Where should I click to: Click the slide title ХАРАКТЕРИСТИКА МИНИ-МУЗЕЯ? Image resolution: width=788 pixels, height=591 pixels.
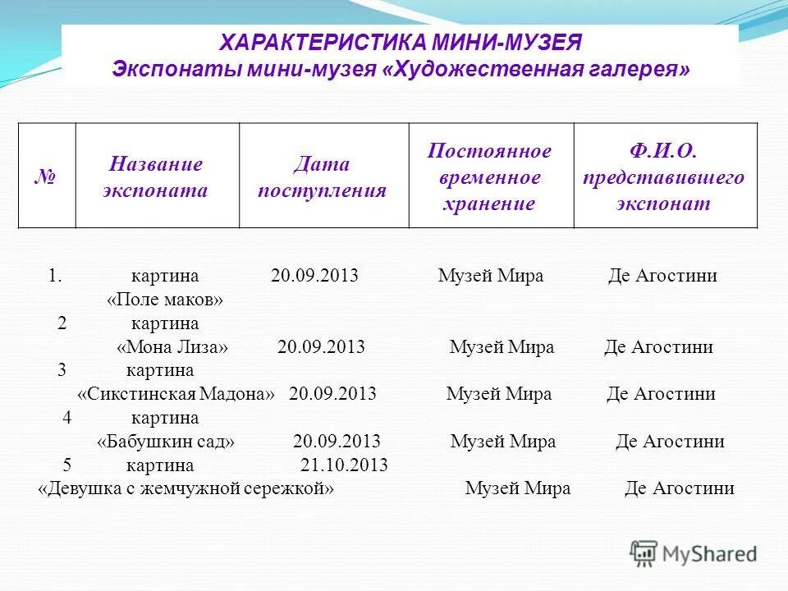[401, 43]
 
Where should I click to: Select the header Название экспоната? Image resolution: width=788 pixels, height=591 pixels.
[156, 177]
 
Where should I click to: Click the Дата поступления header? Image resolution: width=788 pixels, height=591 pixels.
[323, 177]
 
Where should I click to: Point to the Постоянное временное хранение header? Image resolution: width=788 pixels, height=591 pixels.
[490, 176]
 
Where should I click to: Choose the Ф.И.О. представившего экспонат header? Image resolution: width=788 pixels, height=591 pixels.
[664, 176]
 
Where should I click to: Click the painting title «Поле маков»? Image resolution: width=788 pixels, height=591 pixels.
[165, 300]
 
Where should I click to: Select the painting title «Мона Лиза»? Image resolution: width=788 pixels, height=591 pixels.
[172, 347]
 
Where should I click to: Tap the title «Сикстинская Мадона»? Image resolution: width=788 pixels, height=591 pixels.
[176, 394]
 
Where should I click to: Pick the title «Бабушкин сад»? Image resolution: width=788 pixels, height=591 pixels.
[166, 442]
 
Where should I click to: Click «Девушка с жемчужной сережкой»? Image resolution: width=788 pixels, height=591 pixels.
[186, 488]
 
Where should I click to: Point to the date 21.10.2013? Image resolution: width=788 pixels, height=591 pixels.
[344, 465]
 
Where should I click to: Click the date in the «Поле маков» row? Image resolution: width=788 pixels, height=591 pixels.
[314, 276]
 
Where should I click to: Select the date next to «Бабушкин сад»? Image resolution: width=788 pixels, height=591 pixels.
[337, 442]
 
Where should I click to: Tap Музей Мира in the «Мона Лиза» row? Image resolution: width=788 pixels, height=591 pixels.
[502, 347]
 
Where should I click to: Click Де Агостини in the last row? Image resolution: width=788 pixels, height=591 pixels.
[679, 488]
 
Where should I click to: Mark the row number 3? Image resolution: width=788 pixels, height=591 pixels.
[62, 370]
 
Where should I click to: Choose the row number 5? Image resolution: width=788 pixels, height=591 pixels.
[67, 465]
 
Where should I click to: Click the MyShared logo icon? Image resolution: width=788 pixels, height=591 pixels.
[644, 554]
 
